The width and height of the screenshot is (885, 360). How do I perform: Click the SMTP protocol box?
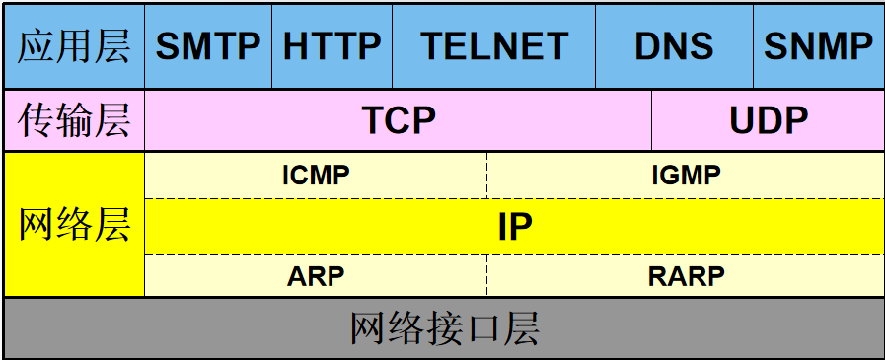pyautogui.click(x=208, y=45)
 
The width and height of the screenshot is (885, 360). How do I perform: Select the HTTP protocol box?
pyautogui.click(x=332, y=45)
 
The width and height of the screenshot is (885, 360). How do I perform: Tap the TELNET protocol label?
pyautogui.click(x=494, y=45)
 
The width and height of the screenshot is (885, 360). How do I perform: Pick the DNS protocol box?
pyautogui.click(x=674, y=45)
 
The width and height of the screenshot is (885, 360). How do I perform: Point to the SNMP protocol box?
pyautogui.click(x=818, y=45)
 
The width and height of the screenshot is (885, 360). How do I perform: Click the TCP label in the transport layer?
pyautogui.click(x=399, y=120)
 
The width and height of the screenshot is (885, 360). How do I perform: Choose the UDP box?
pyautogui.click(x=769, y=120)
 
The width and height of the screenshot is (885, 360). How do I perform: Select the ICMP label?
pyautogui.click(x=316, y=176)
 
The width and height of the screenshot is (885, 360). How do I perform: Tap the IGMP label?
pyautogui.click(x=686, y=176)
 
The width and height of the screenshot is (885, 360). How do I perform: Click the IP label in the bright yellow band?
pyautogui.click(x=514, y=227)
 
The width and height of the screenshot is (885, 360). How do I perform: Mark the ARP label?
pyautogui.click(x=316, y=276)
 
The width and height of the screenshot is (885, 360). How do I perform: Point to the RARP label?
pyautogui.click(x=686, y=276)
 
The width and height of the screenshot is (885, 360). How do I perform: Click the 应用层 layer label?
pyautogui.click(x=74, y=45)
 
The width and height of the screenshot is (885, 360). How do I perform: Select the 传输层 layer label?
pyautogui.click(x=74, y=120)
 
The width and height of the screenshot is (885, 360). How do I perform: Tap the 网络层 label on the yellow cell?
pyautogui.click(x=74, y=225)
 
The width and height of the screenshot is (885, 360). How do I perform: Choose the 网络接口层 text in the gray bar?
pyautogui.click(x=444, y=328)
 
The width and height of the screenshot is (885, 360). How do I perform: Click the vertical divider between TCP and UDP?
pyautogui.click(x=651, y=120)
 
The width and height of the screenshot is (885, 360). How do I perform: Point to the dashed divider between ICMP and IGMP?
pyautogui.click(x=487, y=176)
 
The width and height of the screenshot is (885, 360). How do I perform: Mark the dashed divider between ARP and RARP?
pyautogui.click(x=487, y=276)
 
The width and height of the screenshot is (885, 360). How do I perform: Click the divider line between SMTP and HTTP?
pyautogui.click(x=271, y=45)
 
